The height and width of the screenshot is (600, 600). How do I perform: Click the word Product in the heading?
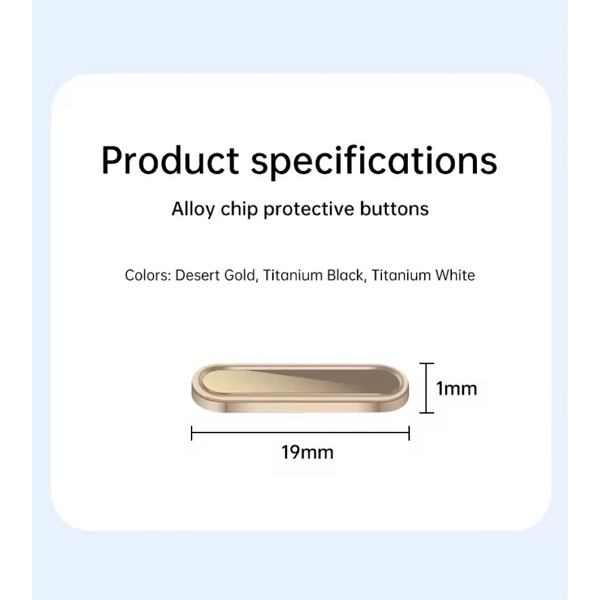coord(171,160)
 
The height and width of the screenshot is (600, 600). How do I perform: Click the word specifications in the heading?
coord(374,162)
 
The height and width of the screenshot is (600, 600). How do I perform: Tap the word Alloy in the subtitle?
coord(193,210)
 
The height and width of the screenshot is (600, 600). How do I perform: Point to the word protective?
coord(309,210)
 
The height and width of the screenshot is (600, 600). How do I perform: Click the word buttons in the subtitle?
coord(394,209)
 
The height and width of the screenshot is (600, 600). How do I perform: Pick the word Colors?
coord(148,275)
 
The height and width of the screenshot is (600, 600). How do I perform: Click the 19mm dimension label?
coord(308,452)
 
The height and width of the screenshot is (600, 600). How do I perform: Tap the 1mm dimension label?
coord(457,389)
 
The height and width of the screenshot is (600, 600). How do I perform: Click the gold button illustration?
coord(301,388)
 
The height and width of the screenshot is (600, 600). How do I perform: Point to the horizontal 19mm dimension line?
coord(301,432)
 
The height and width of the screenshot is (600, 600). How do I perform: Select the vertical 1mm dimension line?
coord(427,388)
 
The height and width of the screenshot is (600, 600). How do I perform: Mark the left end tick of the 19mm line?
coord(192,433)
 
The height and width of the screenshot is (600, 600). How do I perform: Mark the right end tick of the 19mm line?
coord(409,433)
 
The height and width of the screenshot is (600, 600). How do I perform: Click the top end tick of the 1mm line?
coord(427,363)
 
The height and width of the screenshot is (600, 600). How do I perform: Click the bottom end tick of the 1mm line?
coord(427,412)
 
